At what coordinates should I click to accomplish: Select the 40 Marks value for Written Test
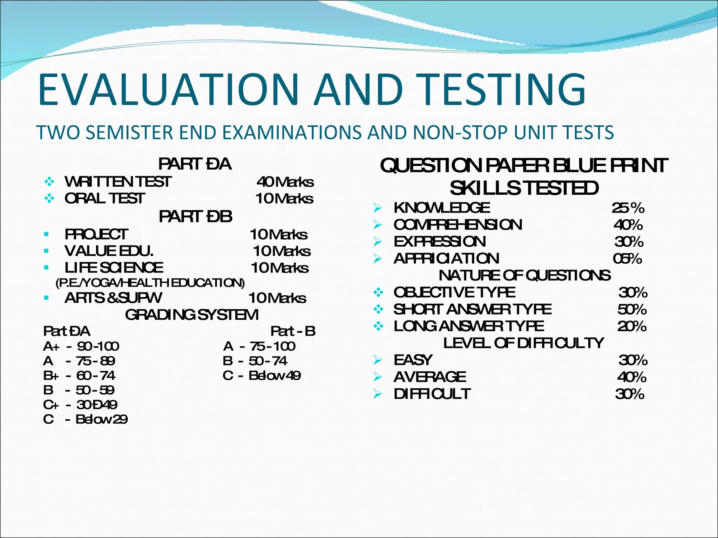(x=285, y=182)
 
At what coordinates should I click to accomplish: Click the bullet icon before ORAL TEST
(x=49, y=199)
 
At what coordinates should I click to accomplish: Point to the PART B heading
(x=195, y=217)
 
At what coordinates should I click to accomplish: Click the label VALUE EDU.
(x=109, y=251)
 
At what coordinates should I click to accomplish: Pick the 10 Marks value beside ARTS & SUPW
(x=277, y=298)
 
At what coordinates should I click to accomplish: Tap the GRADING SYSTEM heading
(x=192, y=315)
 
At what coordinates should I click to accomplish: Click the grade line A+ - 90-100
(x=81, y=346)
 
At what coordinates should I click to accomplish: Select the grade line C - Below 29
(x=85, y=419)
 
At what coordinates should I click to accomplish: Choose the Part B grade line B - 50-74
(x=255, y=361)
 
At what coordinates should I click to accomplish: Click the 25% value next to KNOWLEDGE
(x=628, y=208)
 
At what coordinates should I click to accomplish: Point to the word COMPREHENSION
(x=458, y=225)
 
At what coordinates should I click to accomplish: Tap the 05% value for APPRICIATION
(x=627, y=259)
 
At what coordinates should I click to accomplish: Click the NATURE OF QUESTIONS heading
(x=524, y=276)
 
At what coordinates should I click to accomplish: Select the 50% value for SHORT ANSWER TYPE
(x=632, y=310)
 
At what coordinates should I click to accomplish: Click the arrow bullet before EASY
(x=378, y=360)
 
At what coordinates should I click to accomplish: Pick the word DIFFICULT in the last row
(x=432, y=394)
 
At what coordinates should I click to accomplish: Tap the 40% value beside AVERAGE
(x=632, y=377)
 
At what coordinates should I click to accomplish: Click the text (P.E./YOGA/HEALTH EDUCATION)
(x=150, y=283)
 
